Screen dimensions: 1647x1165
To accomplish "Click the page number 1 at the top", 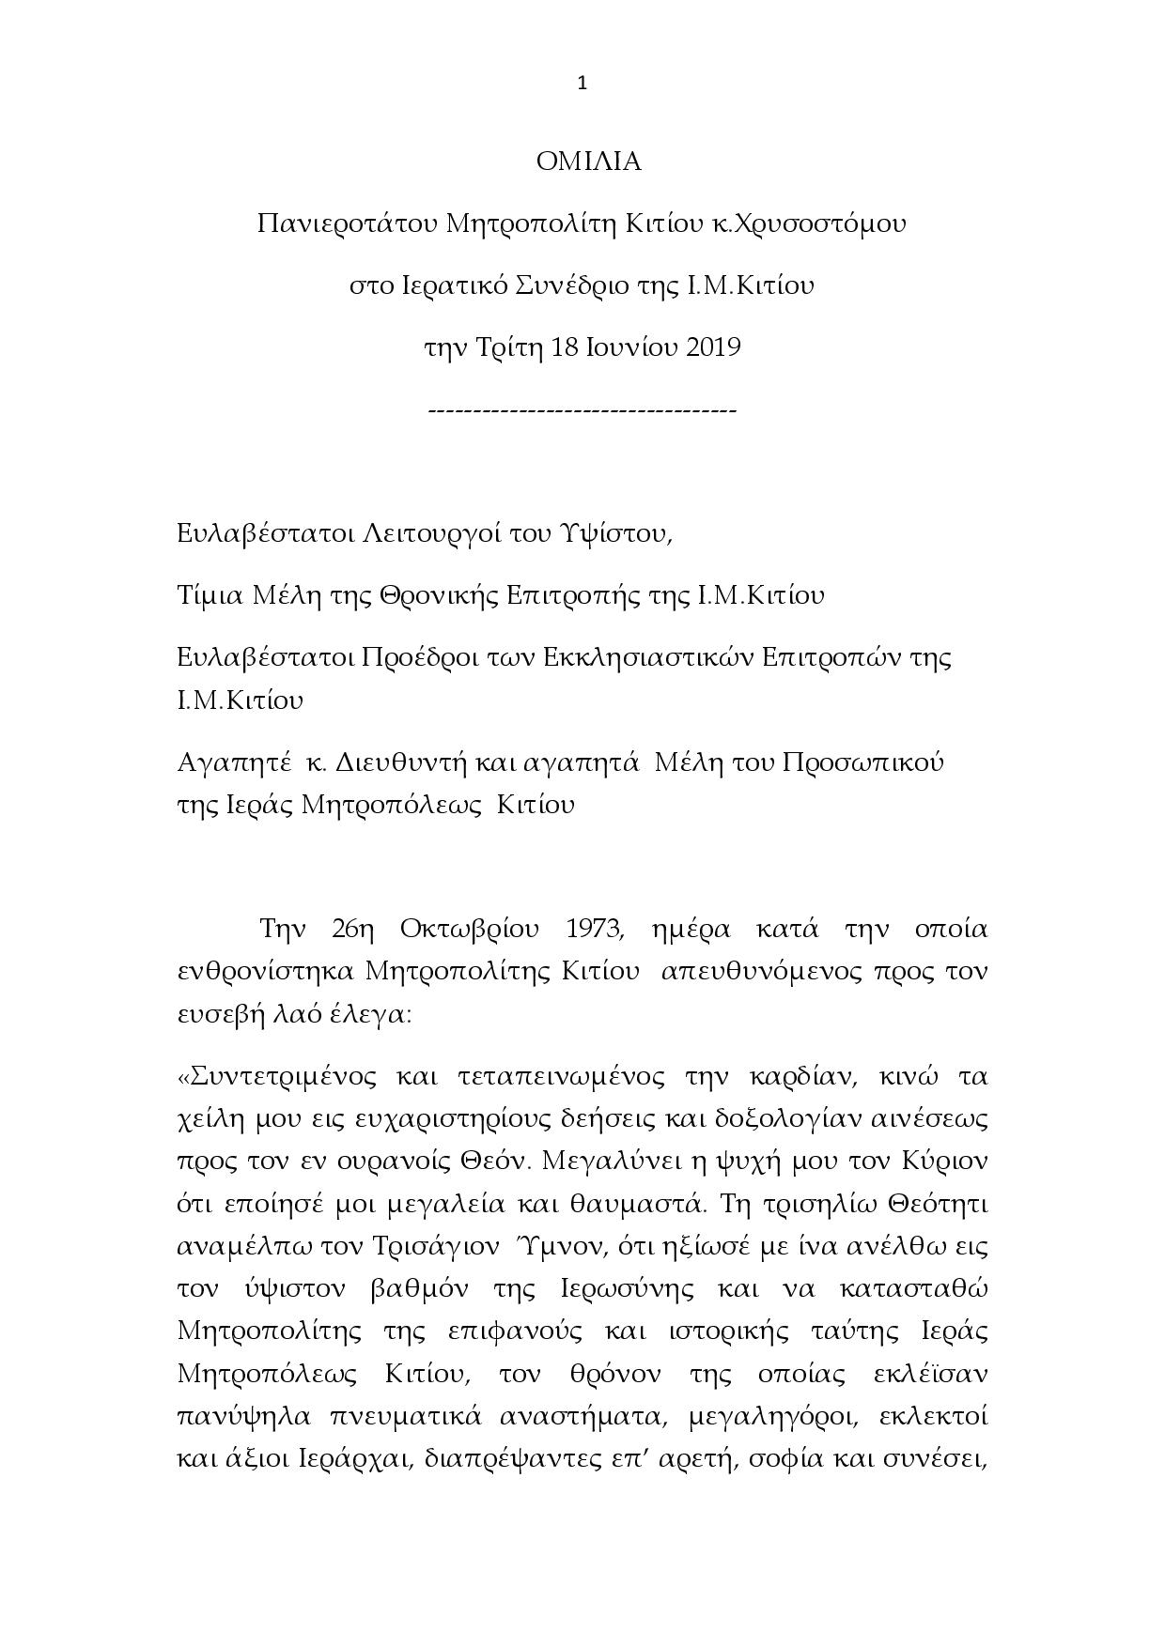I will (x=582, y=84).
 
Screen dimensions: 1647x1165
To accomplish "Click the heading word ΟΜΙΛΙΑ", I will (x=588, y=162).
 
